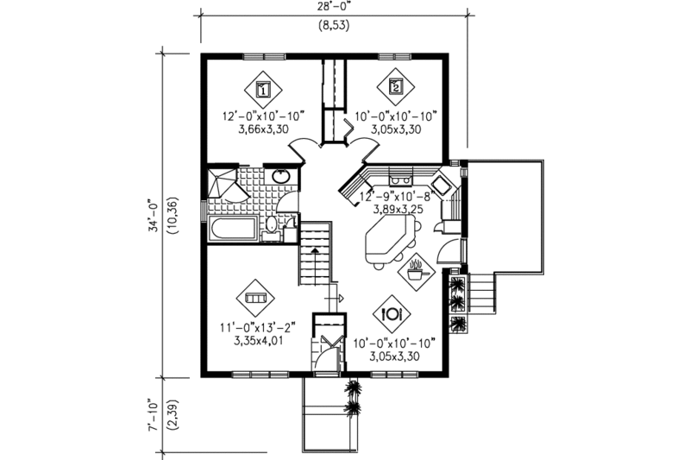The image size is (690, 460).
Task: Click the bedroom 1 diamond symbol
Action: click(x=264, y=87)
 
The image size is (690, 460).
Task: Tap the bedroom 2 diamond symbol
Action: click(x=395, y=85)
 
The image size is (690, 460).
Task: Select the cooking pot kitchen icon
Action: click(x=416, y=272)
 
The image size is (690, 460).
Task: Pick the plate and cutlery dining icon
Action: click(x=393, y=312)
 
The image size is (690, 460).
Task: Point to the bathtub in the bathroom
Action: click(x=231, y=230)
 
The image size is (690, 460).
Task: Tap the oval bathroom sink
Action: click(x=281, y=177)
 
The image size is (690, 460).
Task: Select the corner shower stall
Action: click(x=222, y=184)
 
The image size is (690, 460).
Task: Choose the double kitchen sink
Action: click(x=401, y=180)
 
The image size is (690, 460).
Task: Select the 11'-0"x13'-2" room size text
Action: click(x=258, y=327)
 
